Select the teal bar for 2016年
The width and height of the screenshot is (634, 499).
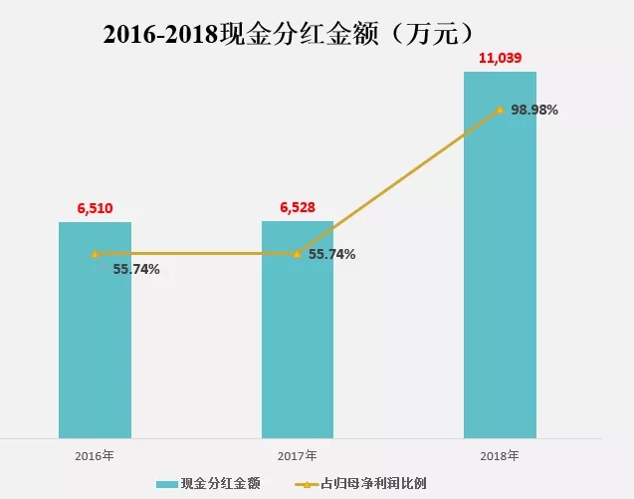point(95,339)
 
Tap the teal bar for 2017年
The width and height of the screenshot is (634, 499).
point(298,339)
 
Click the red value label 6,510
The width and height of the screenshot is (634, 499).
point(95,208)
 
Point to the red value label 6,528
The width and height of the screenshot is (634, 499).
point(298,207)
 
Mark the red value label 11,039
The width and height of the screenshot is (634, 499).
point(500,59)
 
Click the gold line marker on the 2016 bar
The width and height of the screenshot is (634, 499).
point(95,254)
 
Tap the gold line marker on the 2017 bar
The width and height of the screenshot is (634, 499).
point(298,254)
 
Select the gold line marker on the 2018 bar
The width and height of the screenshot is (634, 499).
point(500,111)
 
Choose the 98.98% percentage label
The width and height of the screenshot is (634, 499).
point(534,110)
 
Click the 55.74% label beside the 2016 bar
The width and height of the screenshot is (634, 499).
point(135,269)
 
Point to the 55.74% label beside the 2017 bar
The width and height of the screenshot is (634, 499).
point(331,254)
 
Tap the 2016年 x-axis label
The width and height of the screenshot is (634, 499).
point(95,455)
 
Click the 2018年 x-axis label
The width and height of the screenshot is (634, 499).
point(500,455)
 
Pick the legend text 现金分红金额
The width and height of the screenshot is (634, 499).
point(220,483)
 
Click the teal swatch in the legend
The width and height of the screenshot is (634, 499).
point(166,484)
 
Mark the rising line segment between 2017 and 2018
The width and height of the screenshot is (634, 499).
point(398,182)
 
